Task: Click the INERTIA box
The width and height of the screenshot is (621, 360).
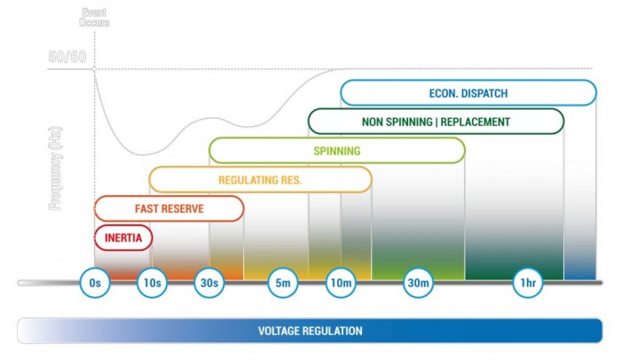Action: pos(123,237)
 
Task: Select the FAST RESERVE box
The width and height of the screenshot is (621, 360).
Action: pos(169,208)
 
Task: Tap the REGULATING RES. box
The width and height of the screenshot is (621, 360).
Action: pos(260,180)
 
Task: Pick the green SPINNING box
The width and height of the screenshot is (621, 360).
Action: pos(336,151)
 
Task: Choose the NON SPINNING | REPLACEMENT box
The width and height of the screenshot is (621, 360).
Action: pos(436,121)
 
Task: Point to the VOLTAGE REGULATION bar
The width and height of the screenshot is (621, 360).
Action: pos(310,331)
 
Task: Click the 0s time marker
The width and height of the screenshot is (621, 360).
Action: pos(95,283)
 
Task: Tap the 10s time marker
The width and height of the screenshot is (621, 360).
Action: pos(152,283)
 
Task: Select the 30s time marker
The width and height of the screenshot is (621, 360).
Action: pos(208,283)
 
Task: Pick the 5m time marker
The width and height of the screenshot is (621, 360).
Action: pos(282,283)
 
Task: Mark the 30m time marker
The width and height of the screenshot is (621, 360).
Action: pos(418,283)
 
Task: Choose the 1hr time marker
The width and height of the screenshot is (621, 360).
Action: pos(528,283)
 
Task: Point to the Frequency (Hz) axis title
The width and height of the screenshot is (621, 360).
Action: pos(54,168)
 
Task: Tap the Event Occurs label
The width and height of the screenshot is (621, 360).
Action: pos(94,17)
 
